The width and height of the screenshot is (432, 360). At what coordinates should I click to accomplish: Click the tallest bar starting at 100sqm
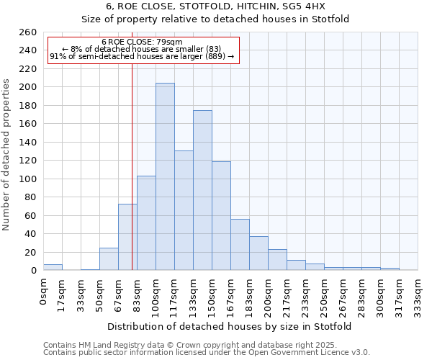coord(165,176)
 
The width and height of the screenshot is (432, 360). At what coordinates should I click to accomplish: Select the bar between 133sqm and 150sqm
coord(202,190)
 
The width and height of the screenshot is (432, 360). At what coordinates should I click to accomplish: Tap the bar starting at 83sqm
coord(146,222)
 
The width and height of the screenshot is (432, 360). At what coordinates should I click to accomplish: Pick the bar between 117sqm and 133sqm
coord(184,210)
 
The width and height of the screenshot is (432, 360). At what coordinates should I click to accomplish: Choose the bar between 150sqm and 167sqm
coord(221,215)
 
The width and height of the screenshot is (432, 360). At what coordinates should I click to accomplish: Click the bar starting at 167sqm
coord(240,244)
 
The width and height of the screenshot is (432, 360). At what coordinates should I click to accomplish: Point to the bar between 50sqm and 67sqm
coord(109,258)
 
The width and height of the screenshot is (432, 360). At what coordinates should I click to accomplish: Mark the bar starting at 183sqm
coord(258,253)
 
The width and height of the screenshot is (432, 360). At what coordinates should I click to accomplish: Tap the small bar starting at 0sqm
coord(53,267)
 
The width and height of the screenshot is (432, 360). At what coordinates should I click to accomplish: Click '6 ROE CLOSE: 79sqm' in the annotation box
coord(142,42)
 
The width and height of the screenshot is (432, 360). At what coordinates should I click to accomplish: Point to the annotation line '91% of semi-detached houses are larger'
coord(142,56)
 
